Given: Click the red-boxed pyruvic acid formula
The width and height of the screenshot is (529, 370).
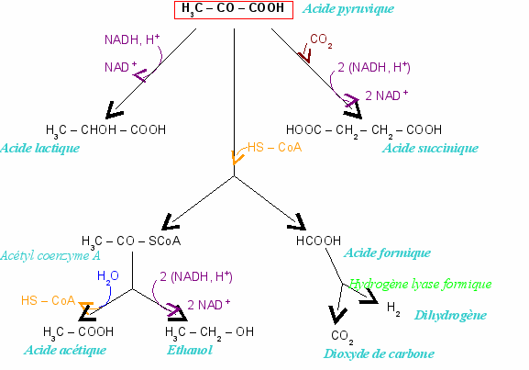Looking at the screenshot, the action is (234, 10).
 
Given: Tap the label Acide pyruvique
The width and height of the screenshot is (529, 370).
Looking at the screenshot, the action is (348, 9).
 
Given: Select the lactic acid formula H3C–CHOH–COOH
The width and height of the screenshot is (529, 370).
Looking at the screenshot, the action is (106, 130).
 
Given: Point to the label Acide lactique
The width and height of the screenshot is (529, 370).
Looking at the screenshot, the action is (40, 148).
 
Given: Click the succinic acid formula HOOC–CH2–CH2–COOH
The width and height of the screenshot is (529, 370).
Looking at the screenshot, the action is (364, 130).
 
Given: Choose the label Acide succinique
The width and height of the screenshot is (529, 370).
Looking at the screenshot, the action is (431, 148).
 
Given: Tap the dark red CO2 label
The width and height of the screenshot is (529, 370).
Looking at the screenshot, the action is (321, 40).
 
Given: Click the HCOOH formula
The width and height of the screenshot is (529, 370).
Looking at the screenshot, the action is (318, 241).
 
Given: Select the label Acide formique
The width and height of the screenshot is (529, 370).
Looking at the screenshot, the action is (387, 253).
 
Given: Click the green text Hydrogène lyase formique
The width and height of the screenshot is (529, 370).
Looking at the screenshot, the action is (421, 284).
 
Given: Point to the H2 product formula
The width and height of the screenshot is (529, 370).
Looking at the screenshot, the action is (393, 308).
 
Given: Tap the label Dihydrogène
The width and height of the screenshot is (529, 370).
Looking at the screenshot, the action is (450, 315).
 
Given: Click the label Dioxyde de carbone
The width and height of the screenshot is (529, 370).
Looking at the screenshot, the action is (379, 353).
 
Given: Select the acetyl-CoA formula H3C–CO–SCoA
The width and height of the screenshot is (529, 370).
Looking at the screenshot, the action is (131, 242).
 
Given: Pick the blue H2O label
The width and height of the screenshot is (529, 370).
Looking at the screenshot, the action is (108, 277).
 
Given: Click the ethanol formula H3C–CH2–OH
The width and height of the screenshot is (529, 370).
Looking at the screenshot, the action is (210, 333).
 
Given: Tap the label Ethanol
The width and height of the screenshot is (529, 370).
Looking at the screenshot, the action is (190, 350).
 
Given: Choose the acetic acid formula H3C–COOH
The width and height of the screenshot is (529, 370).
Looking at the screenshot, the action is (78, 333).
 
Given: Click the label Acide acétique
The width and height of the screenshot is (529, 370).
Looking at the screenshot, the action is (65, 350).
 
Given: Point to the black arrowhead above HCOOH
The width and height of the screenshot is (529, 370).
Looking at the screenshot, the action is (297, 222).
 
